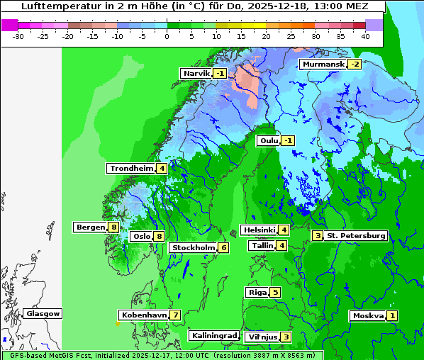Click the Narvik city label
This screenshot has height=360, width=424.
(x=196, y=74)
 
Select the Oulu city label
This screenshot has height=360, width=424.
(x=269, y=141)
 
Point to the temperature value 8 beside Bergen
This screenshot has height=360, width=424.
(x=113, y=227)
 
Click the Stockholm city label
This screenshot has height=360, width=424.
(x=193, y=247)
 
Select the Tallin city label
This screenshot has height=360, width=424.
(x=262, y=246)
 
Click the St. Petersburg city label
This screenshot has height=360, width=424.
(x=356, y=235)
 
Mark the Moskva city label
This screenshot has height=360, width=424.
(x=367, y=316)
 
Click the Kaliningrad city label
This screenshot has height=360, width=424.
(x=213, y=336)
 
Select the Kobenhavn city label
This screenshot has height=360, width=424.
(x=144, y=315)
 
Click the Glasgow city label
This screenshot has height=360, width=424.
(x=43, y=314)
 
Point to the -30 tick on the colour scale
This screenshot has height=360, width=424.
(x=18, y=35)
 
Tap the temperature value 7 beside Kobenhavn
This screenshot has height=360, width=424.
(x=174, y=315)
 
